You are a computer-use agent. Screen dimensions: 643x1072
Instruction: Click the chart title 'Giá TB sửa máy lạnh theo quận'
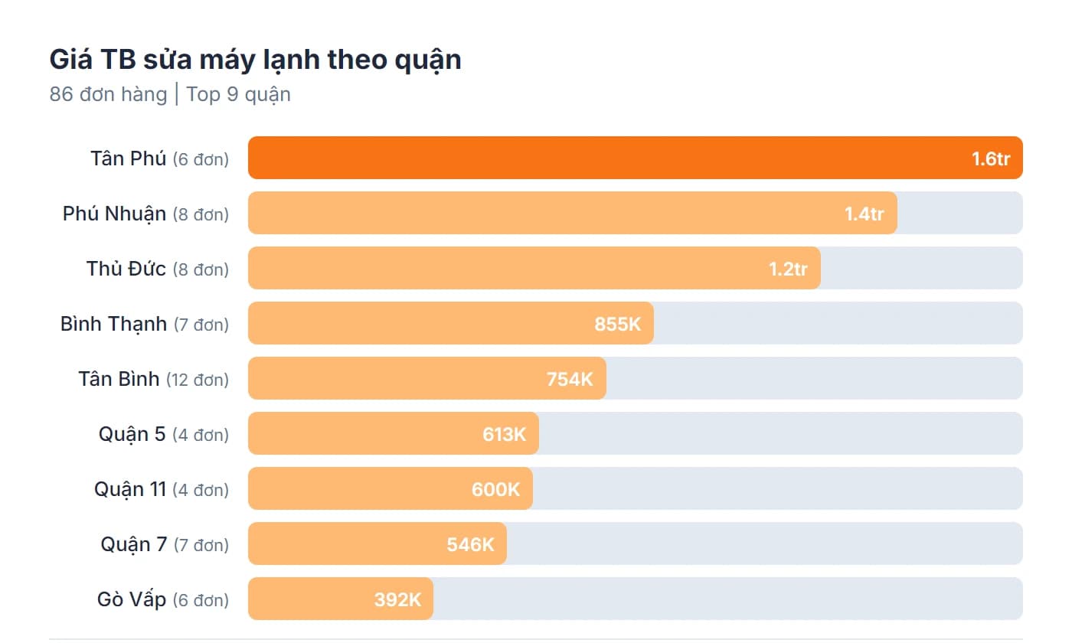[x=255, y=60]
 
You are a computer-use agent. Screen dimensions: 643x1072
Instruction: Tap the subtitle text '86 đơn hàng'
[x=108, y=95]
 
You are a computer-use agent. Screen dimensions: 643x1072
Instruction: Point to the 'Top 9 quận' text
[x=238, y=95]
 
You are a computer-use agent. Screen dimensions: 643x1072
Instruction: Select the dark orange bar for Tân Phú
[x=597, y=158]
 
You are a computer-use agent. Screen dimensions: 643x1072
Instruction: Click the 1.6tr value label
[x=991, y=159]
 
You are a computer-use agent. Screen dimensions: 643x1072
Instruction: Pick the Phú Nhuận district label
[x=114, y=214]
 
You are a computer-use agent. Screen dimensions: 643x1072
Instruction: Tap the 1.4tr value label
[x=864, y=214]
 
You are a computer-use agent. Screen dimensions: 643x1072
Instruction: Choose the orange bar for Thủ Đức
[x=498, y=269]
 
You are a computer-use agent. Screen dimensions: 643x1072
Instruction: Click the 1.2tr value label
[x=788, y=269]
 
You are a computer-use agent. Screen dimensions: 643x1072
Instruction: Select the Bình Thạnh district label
[x=113, y=324]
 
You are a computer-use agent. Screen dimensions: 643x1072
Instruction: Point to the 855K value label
[x=617, y=325]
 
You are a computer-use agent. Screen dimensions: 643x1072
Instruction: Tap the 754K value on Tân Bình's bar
[x=570, y=380]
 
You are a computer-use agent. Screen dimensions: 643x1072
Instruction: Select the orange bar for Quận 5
[x=360, y=434]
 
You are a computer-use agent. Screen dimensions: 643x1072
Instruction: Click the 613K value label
[x=504, y=435]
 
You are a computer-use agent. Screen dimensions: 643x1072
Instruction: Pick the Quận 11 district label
[x=130, y=489]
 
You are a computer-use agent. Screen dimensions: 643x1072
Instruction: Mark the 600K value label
[x=495, y=490]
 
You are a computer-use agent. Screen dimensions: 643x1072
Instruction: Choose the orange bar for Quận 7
[x=345, y=544]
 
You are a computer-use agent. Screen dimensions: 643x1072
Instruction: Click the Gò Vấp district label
[x=132, y=599]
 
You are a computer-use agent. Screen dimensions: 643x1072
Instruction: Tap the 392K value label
[x=397, y=600]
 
